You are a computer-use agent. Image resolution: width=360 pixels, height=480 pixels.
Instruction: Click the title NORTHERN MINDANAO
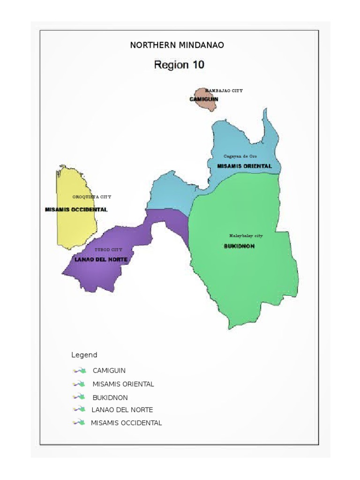(x=177, y=45)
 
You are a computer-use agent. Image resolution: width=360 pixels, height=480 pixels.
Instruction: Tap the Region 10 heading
(x=179, y=65)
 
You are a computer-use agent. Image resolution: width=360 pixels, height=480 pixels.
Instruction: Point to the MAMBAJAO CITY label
(x=224, y=90)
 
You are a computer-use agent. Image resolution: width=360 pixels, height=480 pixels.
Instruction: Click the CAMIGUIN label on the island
(x=203, y=99)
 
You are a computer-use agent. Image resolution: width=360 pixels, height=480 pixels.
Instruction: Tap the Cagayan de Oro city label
(x=240, y=156)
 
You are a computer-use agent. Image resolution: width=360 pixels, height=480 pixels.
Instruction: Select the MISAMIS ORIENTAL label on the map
(x=244, y=166)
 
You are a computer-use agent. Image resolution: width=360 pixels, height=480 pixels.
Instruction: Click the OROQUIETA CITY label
(x=92, y=197)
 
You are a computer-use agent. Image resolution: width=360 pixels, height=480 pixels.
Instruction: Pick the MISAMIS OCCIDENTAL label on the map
(x=76, y=210)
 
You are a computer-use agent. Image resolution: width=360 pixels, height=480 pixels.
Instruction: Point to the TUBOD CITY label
(x=108, y=250)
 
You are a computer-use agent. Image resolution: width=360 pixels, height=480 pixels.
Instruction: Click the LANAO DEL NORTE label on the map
(x=101, y=259)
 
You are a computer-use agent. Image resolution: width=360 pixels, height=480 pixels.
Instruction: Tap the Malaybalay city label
(x=246, y=236)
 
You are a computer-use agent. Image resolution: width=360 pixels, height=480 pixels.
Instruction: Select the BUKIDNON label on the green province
(x=239, y=246)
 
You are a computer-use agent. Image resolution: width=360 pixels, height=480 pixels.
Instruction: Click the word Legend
(x=84, y=355)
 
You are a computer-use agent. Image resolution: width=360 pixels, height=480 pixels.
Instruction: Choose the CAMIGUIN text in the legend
(x=109, y=370)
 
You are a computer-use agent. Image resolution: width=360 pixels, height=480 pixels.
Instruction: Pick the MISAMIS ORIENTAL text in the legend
(x=123, y=384)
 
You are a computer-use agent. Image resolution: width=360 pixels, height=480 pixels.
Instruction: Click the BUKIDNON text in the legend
(x=110, y=397)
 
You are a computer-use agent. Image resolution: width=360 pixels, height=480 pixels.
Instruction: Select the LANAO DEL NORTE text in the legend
(x=122, y=410)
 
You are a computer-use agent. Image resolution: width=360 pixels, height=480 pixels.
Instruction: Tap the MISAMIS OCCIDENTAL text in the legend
(x=126, y=423)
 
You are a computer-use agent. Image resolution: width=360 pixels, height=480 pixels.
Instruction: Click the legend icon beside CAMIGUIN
(x=79, y=370)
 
